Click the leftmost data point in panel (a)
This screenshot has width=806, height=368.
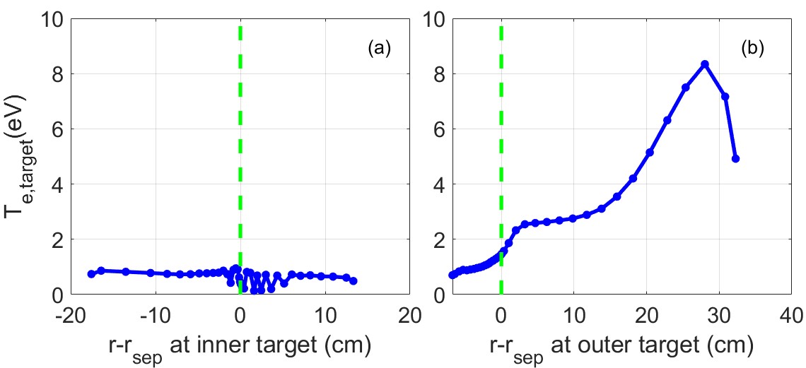pos(91,274)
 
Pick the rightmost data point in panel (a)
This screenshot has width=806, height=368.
pos(354,281)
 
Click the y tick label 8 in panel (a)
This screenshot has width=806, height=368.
pos(57,74)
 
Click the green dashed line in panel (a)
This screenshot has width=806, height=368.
pos(240,141)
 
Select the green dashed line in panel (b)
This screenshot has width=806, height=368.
pos(501,141)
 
